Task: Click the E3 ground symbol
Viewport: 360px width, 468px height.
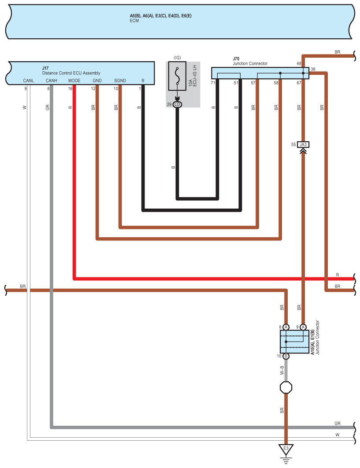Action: pos(286,450)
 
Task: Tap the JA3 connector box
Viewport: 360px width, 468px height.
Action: pos(303,144)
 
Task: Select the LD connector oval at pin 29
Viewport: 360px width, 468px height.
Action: pos(177,104)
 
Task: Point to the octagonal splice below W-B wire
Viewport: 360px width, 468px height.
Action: pos(286,387)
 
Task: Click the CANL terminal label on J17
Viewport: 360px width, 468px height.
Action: pos(28,81)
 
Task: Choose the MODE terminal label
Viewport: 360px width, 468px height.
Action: pos(74,81)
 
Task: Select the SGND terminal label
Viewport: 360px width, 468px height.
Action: pos(120,81)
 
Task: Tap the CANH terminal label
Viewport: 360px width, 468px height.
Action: pos(51,81)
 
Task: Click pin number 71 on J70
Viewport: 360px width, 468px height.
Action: pos(213,83)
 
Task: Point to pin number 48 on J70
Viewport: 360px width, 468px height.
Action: pos(299,64)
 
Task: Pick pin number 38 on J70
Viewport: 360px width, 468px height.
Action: pos(313,70)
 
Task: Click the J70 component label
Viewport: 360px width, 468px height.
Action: pos(236,59)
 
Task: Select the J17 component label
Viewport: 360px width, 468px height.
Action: pos(45,68)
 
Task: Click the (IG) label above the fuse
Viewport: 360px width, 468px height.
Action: pos(177,58)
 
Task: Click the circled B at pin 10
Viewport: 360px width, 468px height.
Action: pos(286,356)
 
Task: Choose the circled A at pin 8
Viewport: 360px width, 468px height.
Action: pos(286,327)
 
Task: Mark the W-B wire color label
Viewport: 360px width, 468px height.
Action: pos(282,370)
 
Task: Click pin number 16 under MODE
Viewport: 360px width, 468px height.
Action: pos(70,88)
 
